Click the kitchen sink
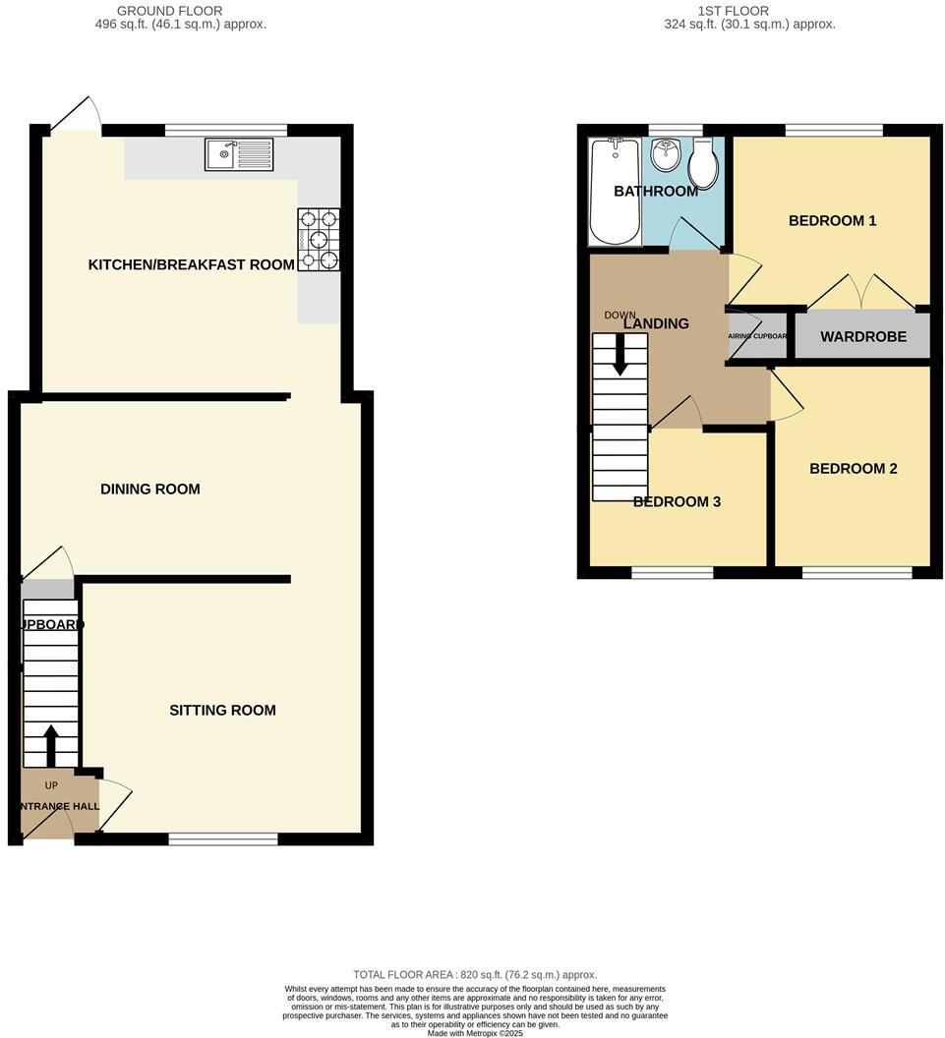click(x=240, y=154)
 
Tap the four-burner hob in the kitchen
click(x=318, y=238)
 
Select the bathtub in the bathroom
click(x=614, y=192)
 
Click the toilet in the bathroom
click(x=702, y=164)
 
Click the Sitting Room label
click(x=222, y=710)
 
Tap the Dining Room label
click(x=149, y=489)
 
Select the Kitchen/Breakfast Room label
click(x=192, y=264)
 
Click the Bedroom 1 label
click(x=832, y=220)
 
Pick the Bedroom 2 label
click(x=853, y=468)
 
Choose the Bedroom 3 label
click(x=677, y=501)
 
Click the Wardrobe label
click(x=863, y=336)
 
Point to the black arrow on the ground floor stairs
click(x=51, y=746)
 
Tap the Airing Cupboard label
click(x=757, y=336)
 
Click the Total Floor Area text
click(x=475, y=974)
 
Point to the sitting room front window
click(x=223, y=838)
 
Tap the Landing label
click(x=656, y=323)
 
